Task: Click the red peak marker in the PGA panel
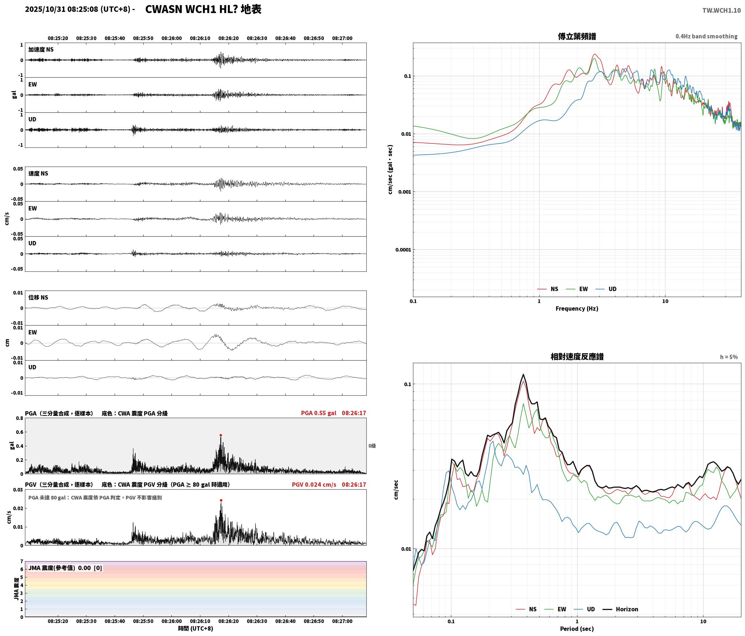pyautogui.click(x=221, y=435)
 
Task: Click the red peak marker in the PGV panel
pyautogui.click(x=221, y=500)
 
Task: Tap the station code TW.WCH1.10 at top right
pyautogui.click(x=721, y=10)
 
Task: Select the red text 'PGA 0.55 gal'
pyautogui.click(x=319, y=413)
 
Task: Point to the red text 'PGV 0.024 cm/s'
pyautogui.click(x=314, y=485)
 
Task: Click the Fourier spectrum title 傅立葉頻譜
pyautogui.click(x=577, y=36)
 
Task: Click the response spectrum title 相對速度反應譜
pyautogui.click(x=577, y=357)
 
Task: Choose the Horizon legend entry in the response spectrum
pyautogui.click(x=621, y=609)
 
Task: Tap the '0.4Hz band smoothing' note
pyautogui.click(x=706, y=36)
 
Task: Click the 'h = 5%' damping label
pyautogui.click(x=729, y=357)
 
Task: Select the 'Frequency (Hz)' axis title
pyautogui.click(x=577, y=309)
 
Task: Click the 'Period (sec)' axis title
pyautogui.click(x=577, y=629)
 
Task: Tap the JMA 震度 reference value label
pyautogui.click(x=65, y=568)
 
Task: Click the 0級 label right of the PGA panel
pyautogui.click(x=372, y=446)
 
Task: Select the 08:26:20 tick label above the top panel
pyautogui.click(x=229, y=38)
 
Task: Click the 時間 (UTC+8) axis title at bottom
pyautogui.click(x=196, y=629)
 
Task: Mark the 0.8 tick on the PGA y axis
pyautogui.click(x=20, y=418)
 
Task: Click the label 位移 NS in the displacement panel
pyautogui.click(x=38, y=298)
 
